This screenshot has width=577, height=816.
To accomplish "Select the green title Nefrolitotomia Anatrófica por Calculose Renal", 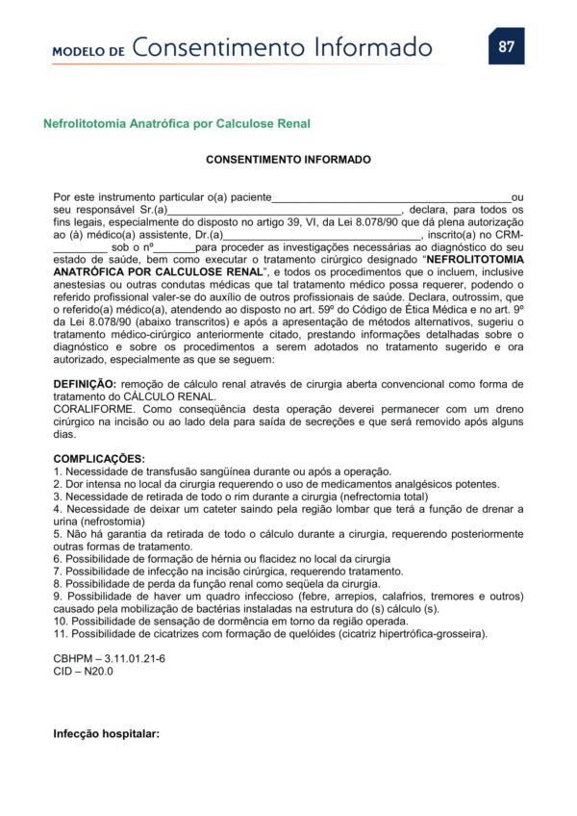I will pyautogui.click(x=177, y=123).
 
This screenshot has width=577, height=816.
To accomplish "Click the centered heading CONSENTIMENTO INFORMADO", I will pyautogui.click(x=288, y=159).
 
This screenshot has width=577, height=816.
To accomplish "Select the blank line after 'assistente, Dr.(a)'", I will pyautogui.click(x=323, y=234).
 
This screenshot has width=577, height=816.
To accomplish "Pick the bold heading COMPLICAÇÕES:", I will pyautogui.click(x=99, y=458).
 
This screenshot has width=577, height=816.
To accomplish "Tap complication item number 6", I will pyautogui.click(x=222, y=558).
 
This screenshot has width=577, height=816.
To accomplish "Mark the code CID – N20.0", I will pyautogui.click(x=84, y=671).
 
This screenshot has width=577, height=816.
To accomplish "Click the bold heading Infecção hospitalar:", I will pyautogui.click(x=106, y=734).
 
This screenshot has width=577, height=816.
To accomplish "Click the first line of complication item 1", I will pyautogui.click(x=222, y=471).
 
